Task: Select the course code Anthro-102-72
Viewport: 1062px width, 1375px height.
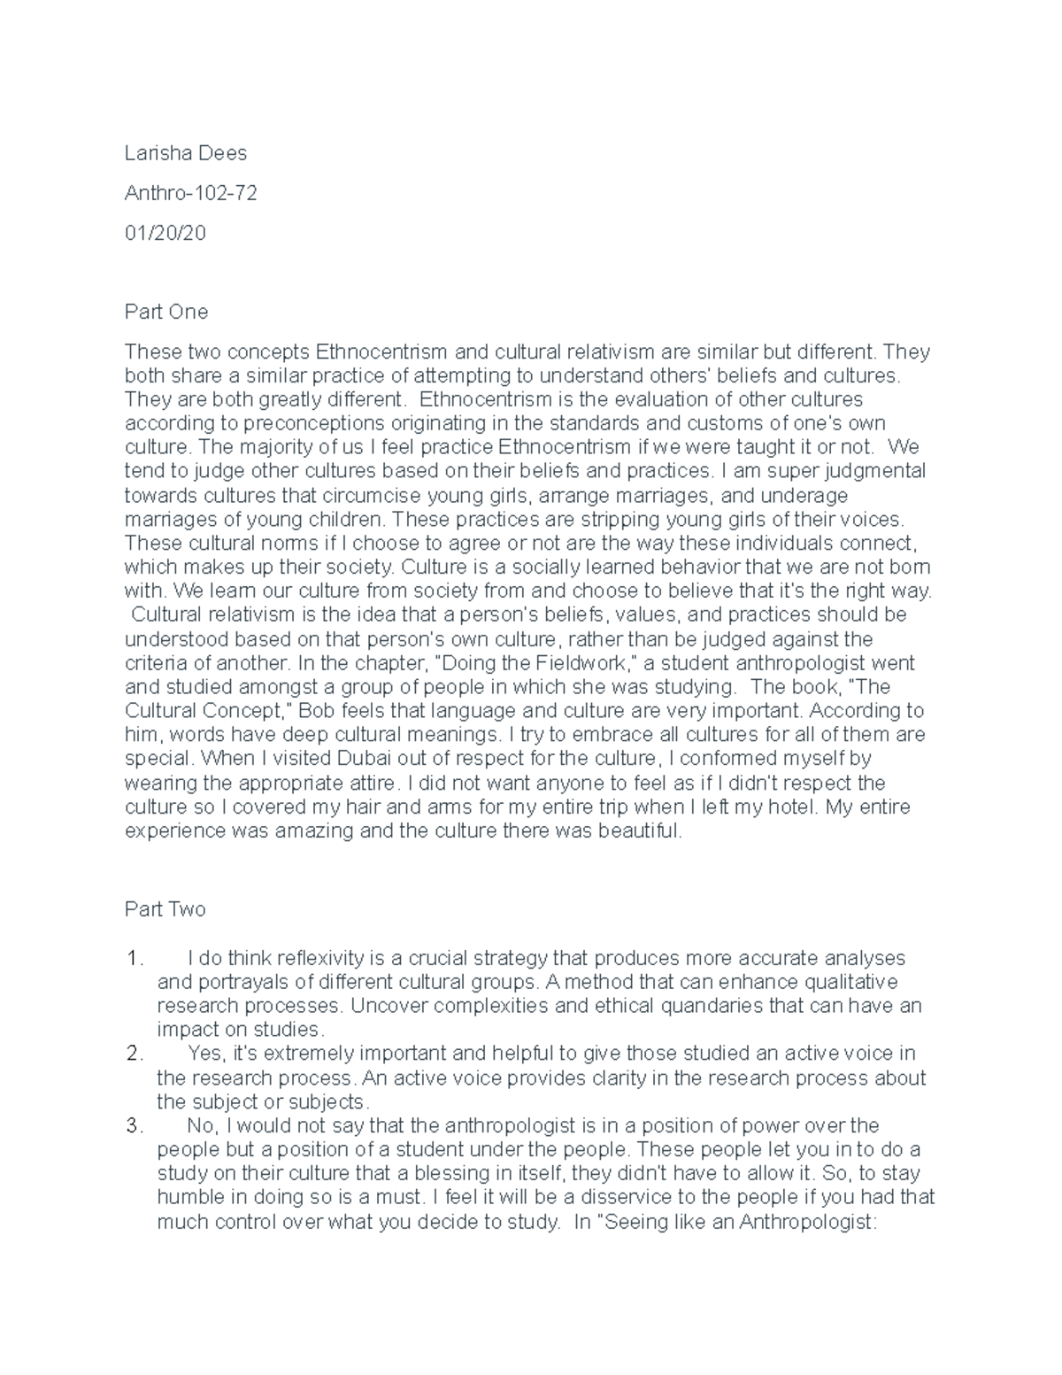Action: pyautogui.click(x=190, y=193)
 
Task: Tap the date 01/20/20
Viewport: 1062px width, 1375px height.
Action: pyautogui.click(x=165, y=233)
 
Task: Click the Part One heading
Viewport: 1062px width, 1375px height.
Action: pyautogui.click(x=166, y=312)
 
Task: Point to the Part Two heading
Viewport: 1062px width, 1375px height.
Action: pyautogui.click(x=165, y=909)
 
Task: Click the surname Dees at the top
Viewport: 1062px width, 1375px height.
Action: pyautogui.click(x=226, y=153)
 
